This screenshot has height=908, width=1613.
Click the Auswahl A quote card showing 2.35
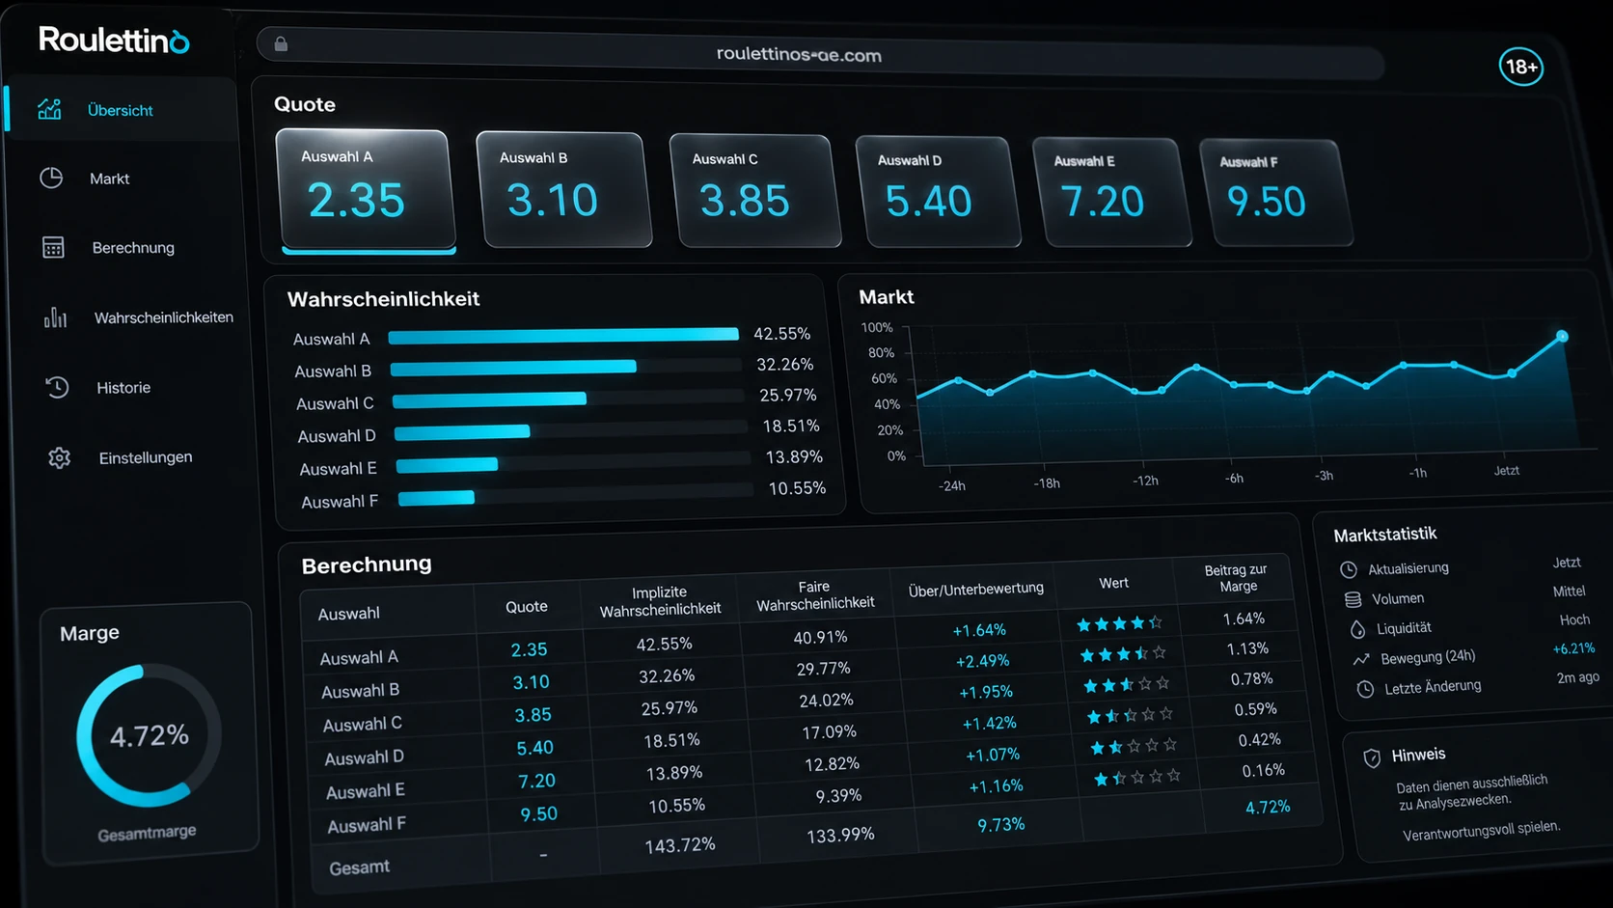[365, 189]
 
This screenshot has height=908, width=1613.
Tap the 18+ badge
[1520, 67]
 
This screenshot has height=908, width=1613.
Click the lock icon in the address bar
[281, 44]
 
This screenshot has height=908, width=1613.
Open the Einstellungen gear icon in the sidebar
[59, 458]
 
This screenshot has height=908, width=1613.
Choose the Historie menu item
[123, 387]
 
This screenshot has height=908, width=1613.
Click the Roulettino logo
[114, 41]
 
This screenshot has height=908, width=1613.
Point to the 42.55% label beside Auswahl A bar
[782, 334]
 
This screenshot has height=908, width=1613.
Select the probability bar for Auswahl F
[436, 498]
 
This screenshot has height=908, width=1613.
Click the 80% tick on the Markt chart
[881, 353]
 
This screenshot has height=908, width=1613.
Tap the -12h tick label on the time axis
[1145, 481]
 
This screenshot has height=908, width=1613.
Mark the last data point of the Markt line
[1562, 336]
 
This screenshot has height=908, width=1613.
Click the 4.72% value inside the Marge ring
[150, 736]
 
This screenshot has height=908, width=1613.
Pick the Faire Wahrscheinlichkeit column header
[815, 595]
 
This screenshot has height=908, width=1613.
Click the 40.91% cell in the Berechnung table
[820, 637]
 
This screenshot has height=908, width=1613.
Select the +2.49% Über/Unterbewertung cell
[982, 661]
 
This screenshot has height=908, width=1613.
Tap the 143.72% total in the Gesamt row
[680, 845]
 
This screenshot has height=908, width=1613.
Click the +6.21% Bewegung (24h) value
[1573, 648]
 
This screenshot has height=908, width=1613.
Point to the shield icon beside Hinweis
[1372, 757]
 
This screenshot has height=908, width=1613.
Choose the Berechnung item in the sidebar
[133, 248]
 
